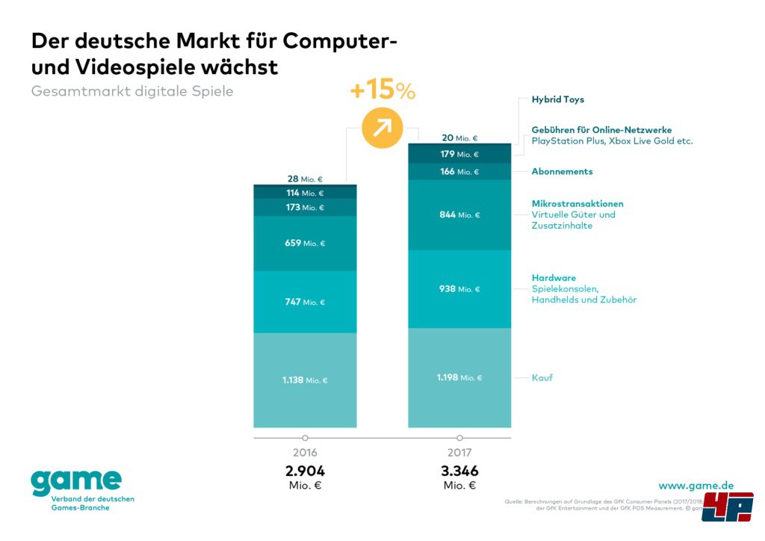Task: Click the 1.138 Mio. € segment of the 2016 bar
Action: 305,380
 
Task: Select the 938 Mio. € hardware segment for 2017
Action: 459,289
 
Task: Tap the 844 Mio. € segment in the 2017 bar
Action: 459,215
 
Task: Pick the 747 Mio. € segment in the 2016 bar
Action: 305,302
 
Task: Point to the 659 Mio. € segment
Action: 305,244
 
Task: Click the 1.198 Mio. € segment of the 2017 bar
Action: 459,378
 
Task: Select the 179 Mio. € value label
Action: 459,155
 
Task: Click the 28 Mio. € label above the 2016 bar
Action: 305,179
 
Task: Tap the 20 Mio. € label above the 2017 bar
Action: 459,138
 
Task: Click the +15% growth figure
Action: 382,91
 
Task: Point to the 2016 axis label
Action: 305,453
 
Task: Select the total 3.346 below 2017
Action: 459,472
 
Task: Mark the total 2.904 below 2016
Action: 305,472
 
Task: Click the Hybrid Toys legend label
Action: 557,99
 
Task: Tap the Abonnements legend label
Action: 562,172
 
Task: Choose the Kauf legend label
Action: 542,378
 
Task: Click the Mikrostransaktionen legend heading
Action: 577,204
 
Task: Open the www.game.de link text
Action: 696,486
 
